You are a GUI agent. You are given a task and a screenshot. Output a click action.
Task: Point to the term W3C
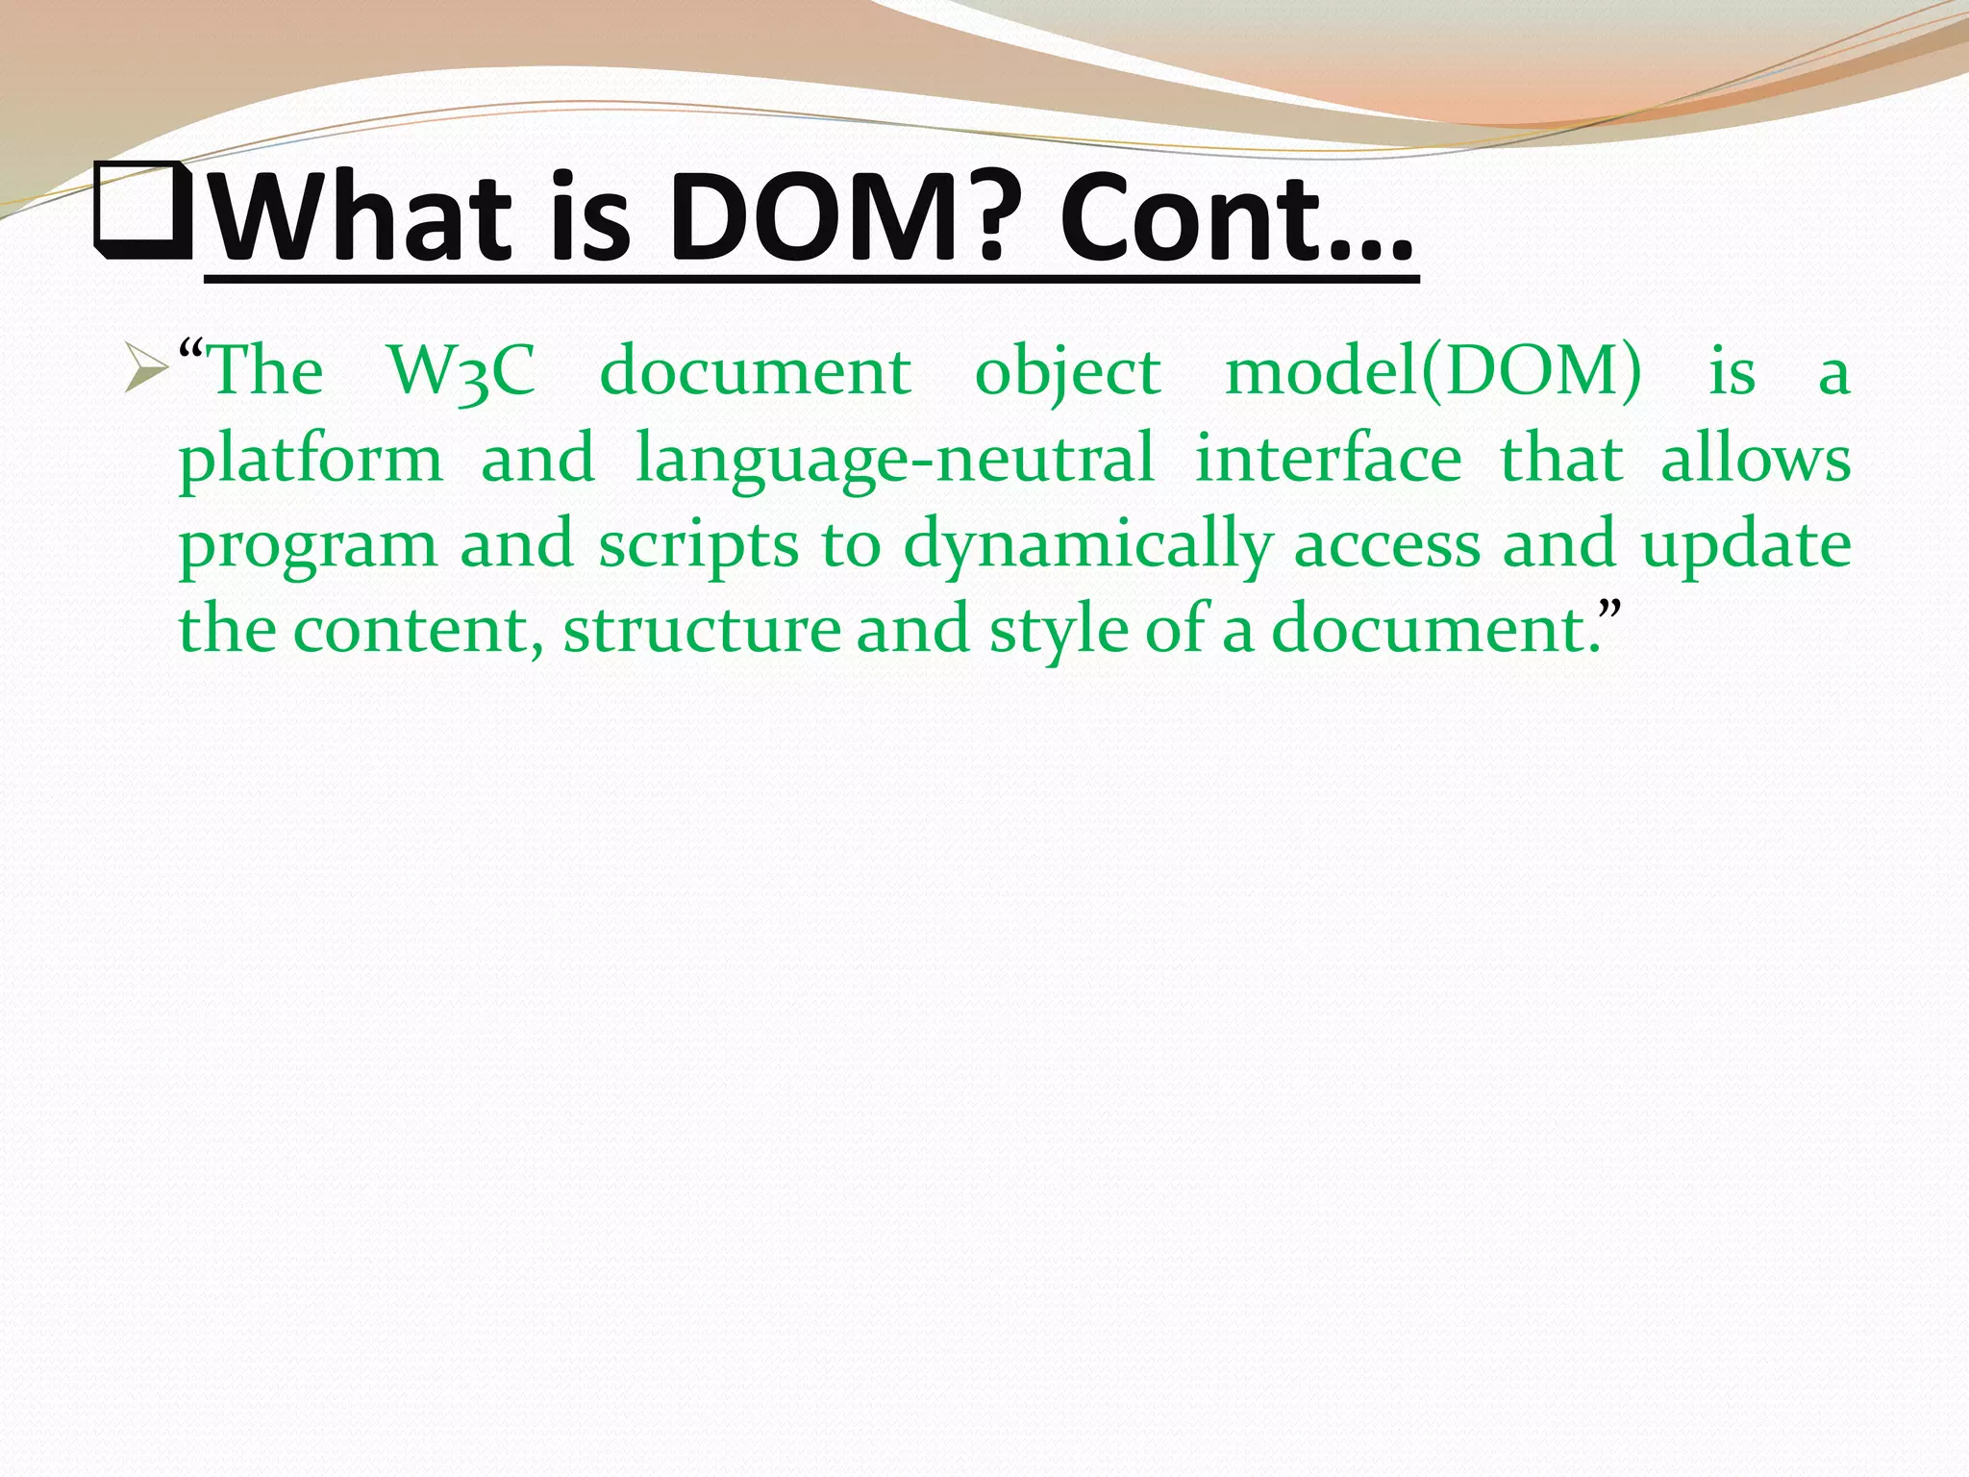tap(461, 371)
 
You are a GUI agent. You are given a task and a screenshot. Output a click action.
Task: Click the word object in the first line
tap(1067, 373)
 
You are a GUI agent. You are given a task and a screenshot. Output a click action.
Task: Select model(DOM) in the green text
tap(1433, 371)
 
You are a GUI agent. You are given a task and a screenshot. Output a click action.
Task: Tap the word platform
tap(311, 460)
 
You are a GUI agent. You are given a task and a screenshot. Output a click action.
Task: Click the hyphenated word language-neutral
tap(894, 460)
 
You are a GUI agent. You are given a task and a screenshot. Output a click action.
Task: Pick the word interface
tap(1328, 458)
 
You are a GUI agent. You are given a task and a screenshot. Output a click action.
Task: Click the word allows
tap(1756, 458)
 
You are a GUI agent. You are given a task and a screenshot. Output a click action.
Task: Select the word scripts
tap(698, 545)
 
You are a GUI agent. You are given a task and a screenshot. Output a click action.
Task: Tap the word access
tap(1385, 545)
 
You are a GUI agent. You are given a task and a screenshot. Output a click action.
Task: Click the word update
tap(1745, 545)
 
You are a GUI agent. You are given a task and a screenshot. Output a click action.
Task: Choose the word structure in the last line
tap(702, 630)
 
